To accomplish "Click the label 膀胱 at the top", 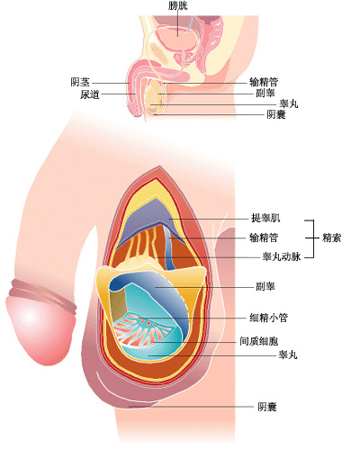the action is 178,5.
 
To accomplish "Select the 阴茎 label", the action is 80,82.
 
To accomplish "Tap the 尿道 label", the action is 89,94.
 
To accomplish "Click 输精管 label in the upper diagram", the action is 264,82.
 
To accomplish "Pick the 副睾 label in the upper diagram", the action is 265,93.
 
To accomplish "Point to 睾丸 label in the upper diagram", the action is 289,103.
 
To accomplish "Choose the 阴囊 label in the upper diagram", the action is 276,114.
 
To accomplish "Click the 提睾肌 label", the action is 265,218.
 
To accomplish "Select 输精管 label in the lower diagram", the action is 264,238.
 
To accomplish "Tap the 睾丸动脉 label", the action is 281,256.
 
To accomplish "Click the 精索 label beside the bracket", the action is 332,238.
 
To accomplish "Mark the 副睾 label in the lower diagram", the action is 265,286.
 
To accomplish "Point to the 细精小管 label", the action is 268,318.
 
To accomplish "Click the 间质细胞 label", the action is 258,341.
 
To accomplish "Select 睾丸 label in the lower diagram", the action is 288,355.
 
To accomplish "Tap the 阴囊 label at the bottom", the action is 267,407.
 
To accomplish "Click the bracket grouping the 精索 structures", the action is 314,238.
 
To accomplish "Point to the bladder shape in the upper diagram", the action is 176,38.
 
